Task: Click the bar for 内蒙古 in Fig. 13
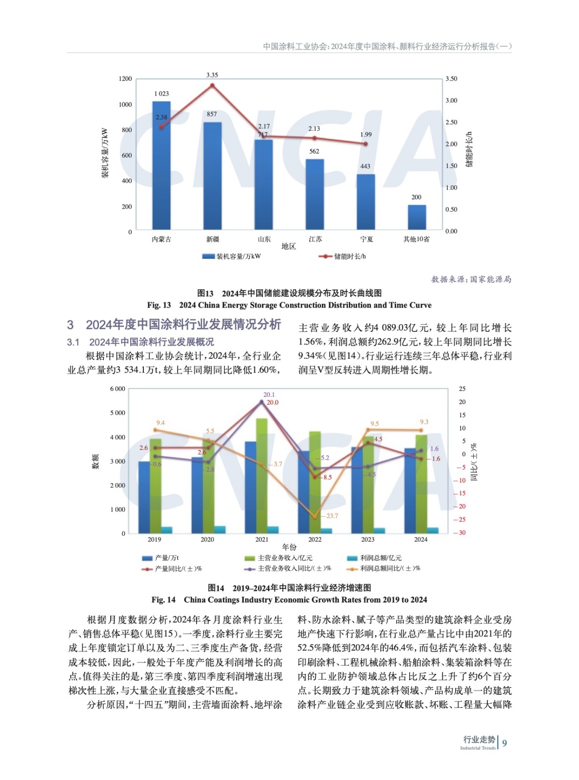pos(161,166)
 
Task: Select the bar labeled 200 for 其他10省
pos(417,217)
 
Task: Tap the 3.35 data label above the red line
pos(212,75)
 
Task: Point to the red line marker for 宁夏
pos(366,144)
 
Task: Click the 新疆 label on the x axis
pos(213,239)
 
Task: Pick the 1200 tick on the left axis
pos(125,79)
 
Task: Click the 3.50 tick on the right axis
pos(451,79)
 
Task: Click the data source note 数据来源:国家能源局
pos(471,279)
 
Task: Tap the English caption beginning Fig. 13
pos(289,305)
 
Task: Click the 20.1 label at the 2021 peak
pos(269,395)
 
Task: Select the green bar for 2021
pos(262,475)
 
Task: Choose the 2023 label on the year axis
pos(367,539)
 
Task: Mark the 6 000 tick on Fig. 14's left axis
pos(118,389)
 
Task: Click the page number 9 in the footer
pos(504,743)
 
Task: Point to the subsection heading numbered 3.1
pos(140,342)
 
